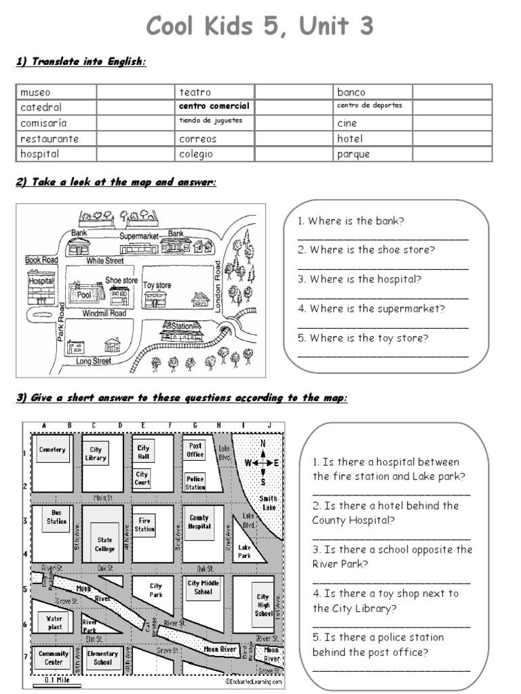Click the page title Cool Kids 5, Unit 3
coord(260,26)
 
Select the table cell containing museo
coord(56,92)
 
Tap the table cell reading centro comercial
coord(214,106)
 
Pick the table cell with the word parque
coord(373,154)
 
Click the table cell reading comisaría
coord(56,123)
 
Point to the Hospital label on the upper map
coord(40,281)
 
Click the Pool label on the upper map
coord(84,295)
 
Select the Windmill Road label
coord(104,314)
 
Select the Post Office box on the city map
coord(195,450)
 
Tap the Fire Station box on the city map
coord(144,525)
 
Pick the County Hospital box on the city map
coord(199,522)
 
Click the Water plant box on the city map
coord(54,622)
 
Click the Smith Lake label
coord(269,502)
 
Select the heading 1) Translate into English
coord(81,62)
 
